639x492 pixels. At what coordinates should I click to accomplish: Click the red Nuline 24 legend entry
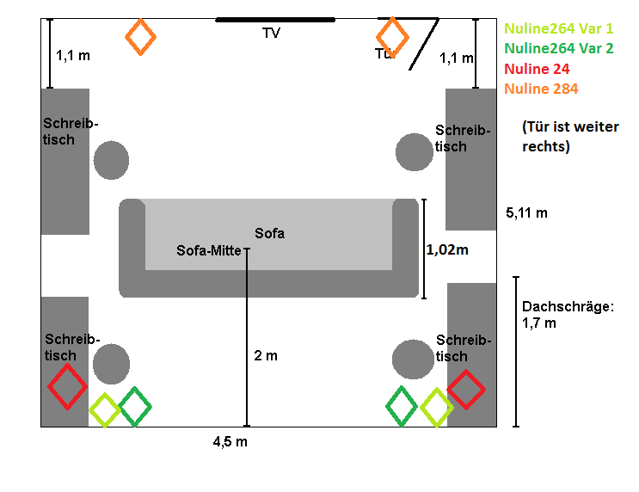click(x=537, y=69)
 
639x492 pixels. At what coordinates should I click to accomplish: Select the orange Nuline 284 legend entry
click(x=541, y=89)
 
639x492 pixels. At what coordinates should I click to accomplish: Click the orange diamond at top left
click(x=140, y=37)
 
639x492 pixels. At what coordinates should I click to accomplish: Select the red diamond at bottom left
click(x=67, y=386)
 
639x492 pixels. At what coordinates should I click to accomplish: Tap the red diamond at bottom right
click(x=466, y=389)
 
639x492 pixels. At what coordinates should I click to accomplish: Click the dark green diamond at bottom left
click(x=135, y=406)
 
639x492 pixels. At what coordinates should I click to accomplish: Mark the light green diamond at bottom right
click(x=436, y=408)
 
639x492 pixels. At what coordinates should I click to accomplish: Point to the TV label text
click(x=272, y=34)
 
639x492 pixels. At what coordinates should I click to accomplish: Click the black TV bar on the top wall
click(x=275, y=20)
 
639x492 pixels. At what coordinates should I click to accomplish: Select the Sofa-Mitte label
click(x=208, y=251)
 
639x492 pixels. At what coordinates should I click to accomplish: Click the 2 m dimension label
click(x=266, y=356)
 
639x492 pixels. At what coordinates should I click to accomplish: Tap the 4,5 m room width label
click(x=231, y=442)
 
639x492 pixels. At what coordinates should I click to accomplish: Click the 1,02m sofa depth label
click(x=448, y=250)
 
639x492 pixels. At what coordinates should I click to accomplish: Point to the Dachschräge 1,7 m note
click(x=556, y=314)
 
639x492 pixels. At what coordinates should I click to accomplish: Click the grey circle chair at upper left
click(x=111, y=160)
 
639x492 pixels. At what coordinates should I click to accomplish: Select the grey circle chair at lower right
click(x=413, y=360)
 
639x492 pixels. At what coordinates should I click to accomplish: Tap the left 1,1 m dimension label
click(x=73, y=56)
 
